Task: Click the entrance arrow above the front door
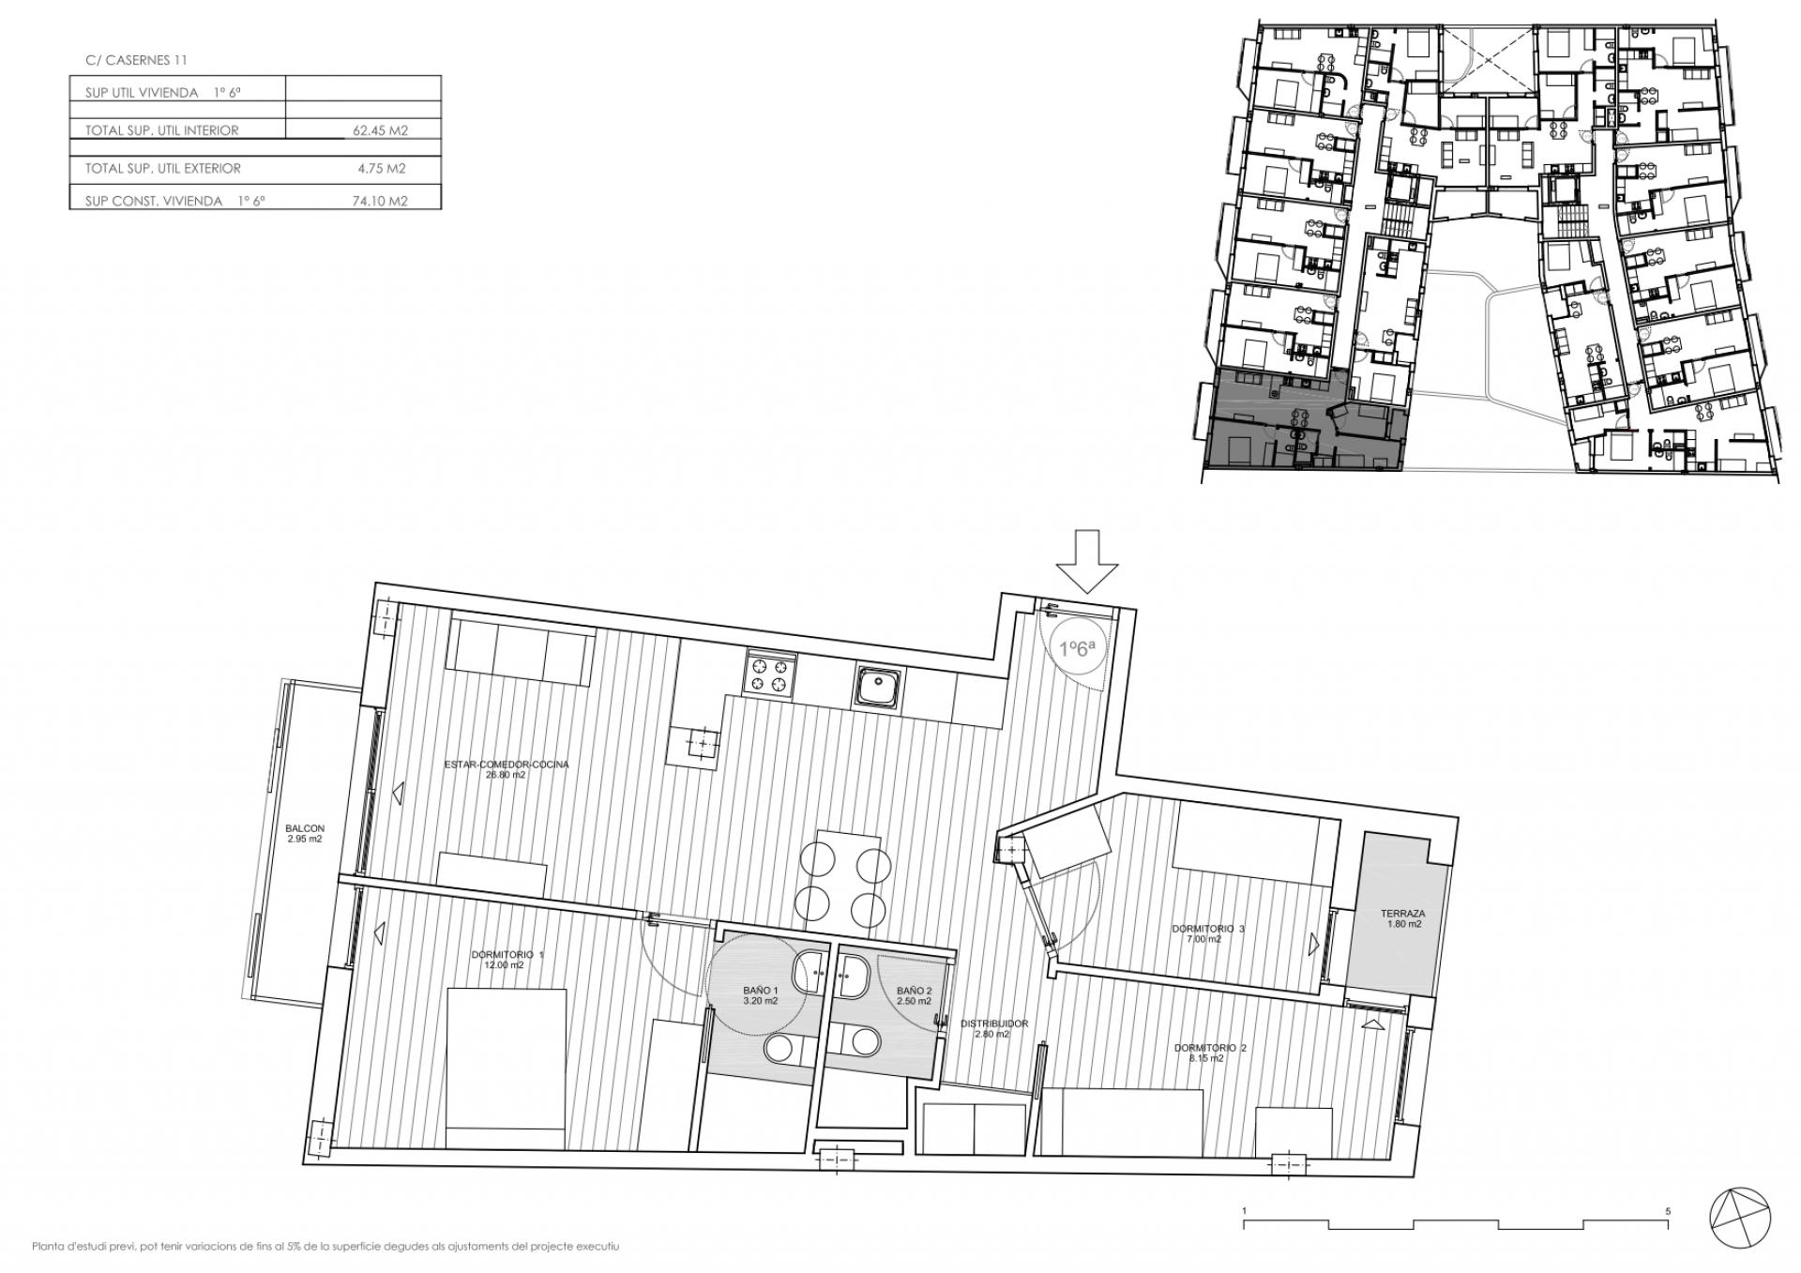(1087, 561)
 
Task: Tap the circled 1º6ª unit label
(1077, 648)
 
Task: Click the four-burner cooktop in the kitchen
(771, 674)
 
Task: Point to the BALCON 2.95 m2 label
(305, 833)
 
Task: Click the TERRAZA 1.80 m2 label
(1403, 917)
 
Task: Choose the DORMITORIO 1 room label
(507, 959)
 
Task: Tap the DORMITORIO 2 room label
(1210, 1053)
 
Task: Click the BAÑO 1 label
(761, 995)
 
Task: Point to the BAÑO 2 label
(914, 995)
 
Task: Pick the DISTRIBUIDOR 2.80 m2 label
(994, 1029)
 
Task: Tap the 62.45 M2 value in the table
(380, 131)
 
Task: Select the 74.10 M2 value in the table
(380, 201)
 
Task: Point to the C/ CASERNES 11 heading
(136, 60)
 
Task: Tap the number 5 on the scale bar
(1668, 1211)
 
